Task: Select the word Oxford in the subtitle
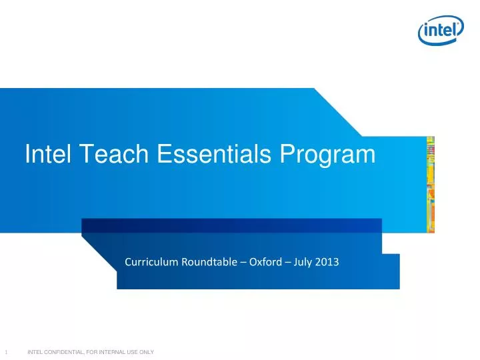(x=267, y=262)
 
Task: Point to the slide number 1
(x=5, y=352)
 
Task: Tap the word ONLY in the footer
(x=146, y=352)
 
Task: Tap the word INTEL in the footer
(x=34, y=352)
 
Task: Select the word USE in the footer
(x=131, y=352)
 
